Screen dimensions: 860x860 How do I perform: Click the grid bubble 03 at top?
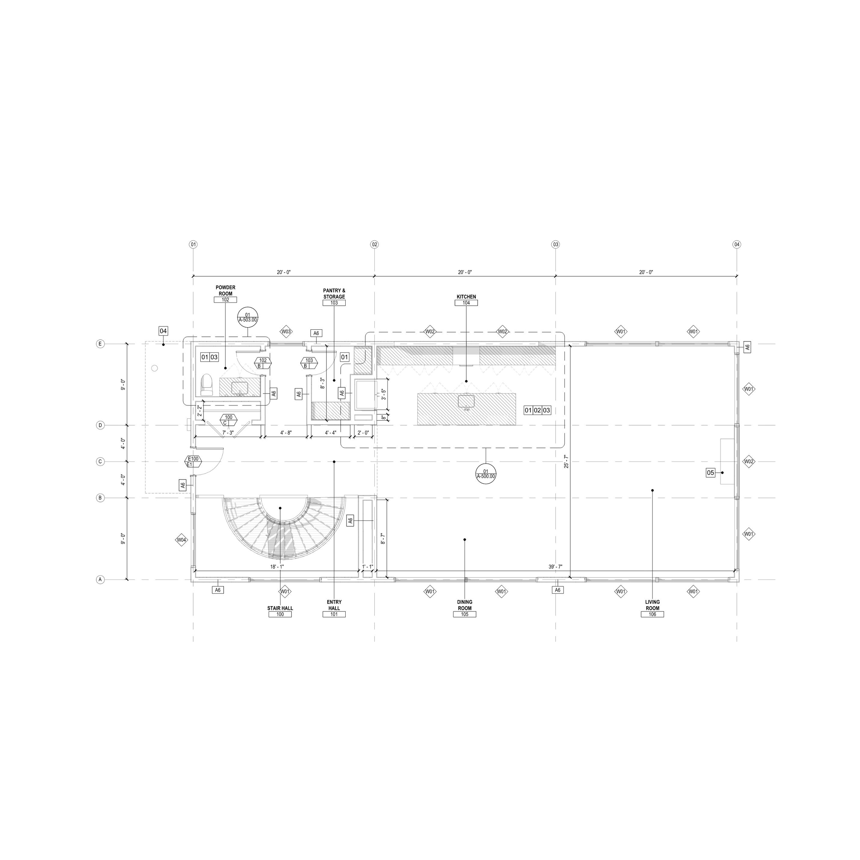(556, 244)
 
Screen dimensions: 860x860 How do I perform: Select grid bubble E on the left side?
(101, 344)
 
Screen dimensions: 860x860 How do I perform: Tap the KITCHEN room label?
(466, 297)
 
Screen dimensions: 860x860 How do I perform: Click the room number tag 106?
(652, 614)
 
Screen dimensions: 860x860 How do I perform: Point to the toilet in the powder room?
(206, 385)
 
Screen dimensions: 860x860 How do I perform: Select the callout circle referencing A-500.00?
(486, 474)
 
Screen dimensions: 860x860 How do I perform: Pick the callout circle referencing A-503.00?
(248, 317)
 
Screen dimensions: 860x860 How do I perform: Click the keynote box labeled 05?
(711, 473)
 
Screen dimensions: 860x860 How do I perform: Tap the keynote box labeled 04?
(163, 331)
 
